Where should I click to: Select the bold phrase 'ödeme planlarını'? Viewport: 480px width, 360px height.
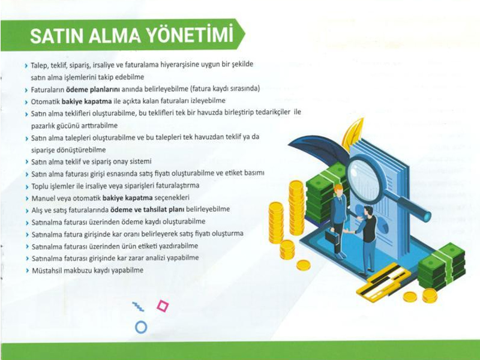(93, 89)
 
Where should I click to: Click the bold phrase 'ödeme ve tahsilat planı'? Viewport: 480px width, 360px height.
(147, 209)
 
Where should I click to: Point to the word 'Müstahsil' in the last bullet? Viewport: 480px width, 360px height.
(47, 271)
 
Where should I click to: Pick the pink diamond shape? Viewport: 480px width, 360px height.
(163, 306)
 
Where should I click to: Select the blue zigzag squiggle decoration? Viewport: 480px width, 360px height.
(138, 307)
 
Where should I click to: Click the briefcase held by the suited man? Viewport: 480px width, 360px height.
(332, 236)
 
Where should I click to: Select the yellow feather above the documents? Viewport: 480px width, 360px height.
(353, 133)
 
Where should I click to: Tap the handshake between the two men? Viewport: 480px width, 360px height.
(347, 231)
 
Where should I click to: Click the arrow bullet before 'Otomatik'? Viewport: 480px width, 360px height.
(26, 102)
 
